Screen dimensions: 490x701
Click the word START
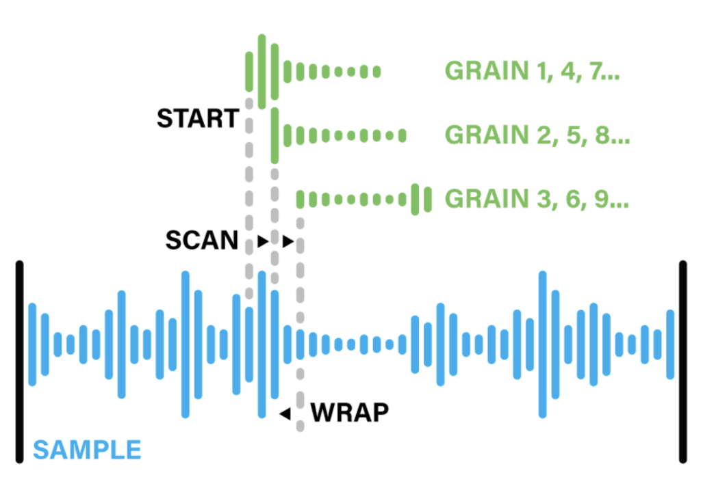pyautogui.click(x=198, y=119)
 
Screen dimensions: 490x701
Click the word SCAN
pyautogui.click(x=202, y=241)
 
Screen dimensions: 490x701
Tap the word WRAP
pyautogui.click(x=349, y=413)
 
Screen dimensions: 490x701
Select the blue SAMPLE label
pyautogui.click(x=88, y=450)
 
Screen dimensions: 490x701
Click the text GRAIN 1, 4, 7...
pyautogui.click(x=532, y=71)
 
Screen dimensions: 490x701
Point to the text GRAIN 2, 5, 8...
pyautogui.click(x=537, y=135)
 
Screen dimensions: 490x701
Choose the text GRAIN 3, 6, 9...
pyautogui.click(x=537, y=200)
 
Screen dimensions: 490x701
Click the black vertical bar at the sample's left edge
pyautogui.click(x=19, y=362)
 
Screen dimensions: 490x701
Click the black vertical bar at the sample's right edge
pyautogui.click(x=683, y=362)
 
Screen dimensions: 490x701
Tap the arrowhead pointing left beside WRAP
pyautogui.click(x=285, y=413)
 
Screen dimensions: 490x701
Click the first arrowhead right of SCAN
pyautogui.click(x=262, y=241)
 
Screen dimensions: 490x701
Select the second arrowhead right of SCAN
pyautogui.click(x=288, y=241)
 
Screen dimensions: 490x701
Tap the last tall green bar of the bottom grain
pyautogui.click(x=428, y=200)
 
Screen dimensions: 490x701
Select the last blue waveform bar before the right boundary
pyautogui.click(x=670, y=344)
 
